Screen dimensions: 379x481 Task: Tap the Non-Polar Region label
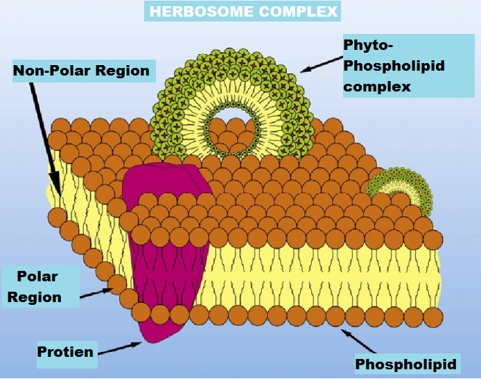[x=81, y=70]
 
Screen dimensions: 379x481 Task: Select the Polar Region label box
[x=38, y=287]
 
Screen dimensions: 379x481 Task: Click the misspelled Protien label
[x=65, y=351]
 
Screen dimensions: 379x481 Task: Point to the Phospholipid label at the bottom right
[x=406, y=364]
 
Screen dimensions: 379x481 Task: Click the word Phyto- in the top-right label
[x=368, y=45]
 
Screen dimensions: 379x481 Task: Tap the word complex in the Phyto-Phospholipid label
[x=377, y=87]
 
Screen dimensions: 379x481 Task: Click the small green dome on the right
[x=399, y=187]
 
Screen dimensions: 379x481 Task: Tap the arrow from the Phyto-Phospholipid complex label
[x=320, y=64]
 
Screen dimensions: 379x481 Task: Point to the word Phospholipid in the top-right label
[x=394, y=66]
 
